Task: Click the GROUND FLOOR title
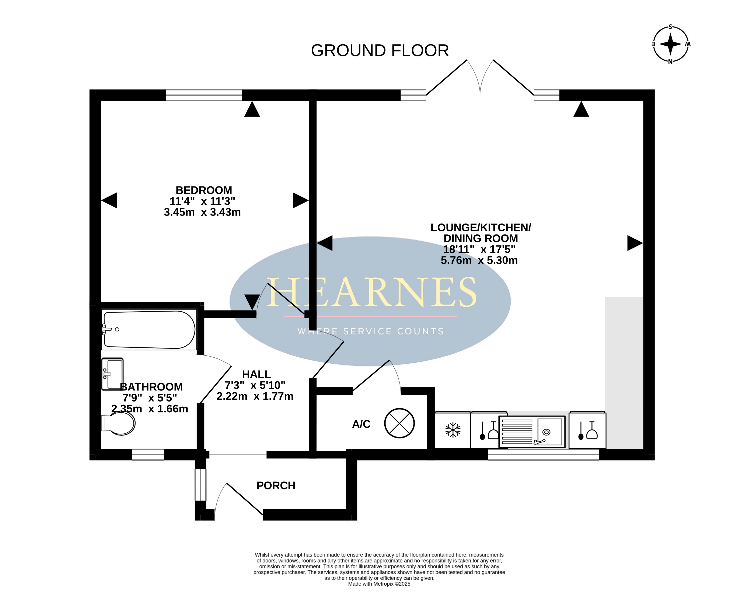pyautogui.click(x=380, y=51)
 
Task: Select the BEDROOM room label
pyautogui.click(x=204, y=190)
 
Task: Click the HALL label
pyautogui.click(x=256, y=374)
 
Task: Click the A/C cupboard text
pyautogui.click(x=361, y=424)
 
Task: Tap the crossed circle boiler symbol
pyautogui.click(x=400, y=423)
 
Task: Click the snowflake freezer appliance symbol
pyautogui.click(x=453, y=430)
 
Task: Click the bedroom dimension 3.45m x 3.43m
pyautogui.click(x=202, y=212)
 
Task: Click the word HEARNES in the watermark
pyautogui.click(x=371, y=292)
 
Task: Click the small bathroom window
pyautogui.click(x=148, y=455)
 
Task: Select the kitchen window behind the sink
pyautogui.click(x=543, y=455)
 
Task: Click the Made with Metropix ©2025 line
pyautogui.click(x=379, y=584)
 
